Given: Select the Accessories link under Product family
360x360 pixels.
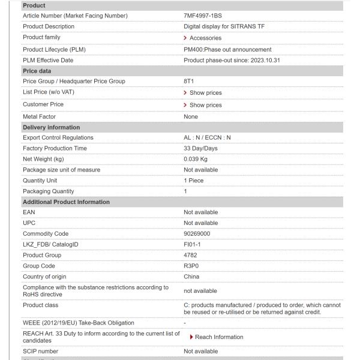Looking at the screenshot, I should [205, 38].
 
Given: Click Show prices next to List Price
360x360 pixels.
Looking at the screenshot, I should [205, 93].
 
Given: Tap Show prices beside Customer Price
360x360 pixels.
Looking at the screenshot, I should [205, 105].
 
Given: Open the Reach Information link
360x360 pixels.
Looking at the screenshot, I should [219, 337].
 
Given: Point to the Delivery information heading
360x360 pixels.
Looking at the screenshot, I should [51, 127].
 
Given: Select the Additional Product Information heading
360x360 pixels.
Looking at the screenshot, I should [66, 202].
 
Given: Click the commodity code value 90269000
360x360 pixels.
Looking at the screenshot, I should [197, 234].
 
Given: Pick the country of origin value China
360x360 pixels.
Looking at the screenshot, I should [191, 277].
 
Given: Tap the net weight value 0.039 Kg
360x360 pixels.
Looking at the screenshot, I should [196, 159].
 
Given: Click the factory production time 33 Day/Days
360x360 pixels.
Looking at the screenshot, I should [200, 148].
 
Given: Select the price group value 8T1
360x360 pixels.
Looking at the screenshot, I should [189, 82].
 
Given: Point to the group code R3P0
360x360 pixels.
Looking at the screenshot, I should [192, 266].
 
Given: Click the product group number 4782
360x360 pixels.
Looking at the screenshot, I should [190, 255].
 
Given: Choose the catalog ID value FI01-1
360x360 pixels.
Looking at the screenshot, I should [193, 244].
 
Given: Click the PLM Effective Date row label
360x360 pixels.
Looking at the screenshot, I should [48, 60].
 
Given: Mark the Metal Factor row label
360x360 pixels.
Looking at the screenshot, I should [39, 116].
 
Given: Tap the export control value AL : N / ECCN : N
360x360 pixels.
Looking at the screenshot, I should [207, 137].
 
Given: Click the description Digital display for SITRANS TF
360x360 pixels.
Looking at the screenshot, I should [224, 26].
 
